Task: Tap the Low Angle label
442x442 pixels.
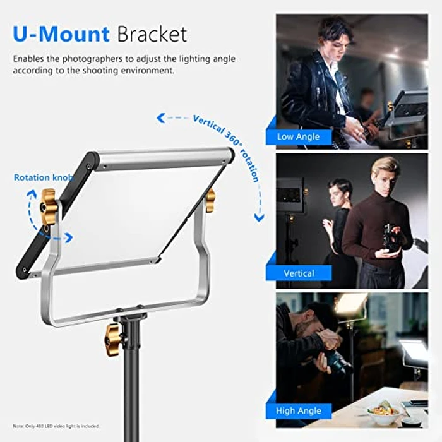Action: (298, 136)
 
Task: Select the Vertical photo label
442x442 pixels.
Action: (299, 273)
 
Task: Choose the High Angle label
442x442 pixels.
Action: (299, 411)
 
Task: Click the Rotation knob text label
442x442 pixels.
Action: (43, 177)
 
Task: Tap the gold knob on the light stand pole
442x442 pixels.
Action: (114, 339)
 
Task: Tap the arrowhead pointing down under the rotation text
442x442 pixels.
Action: (259, 218)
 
